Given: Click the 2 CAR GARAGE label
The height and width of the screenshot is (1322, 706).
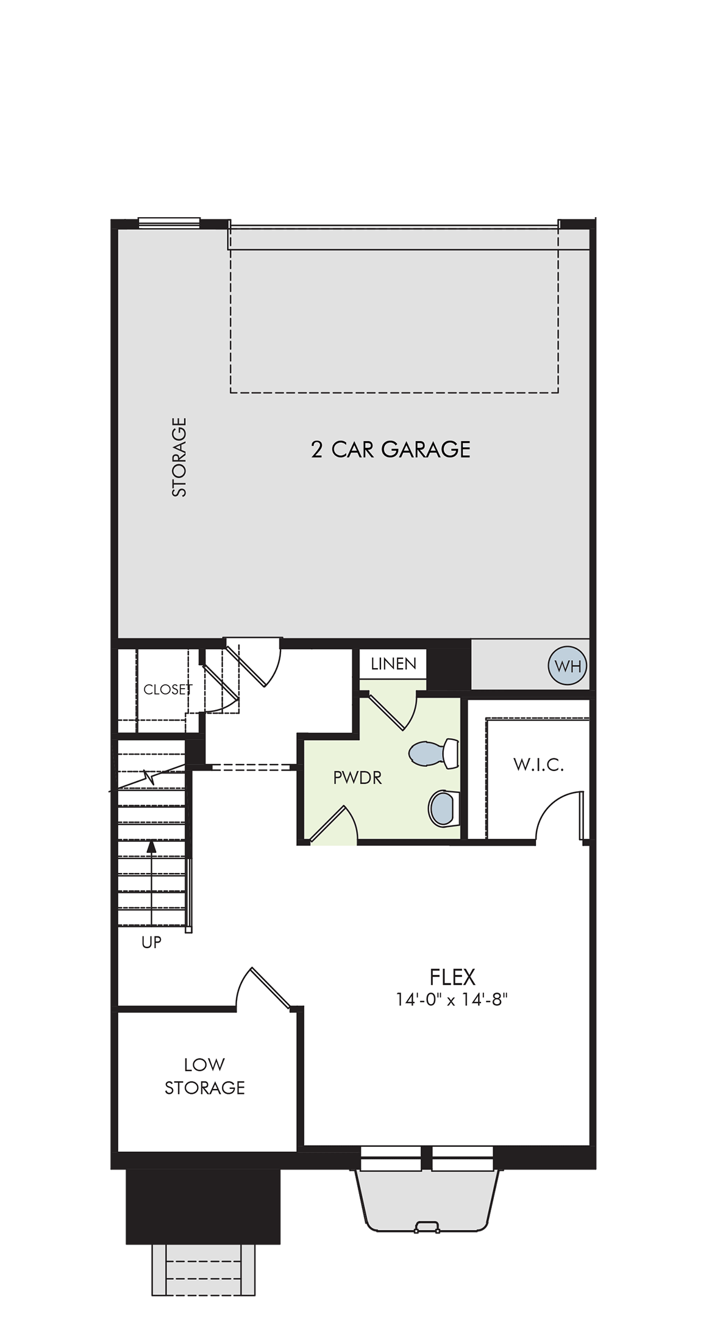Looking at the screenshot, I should click(x=390, y=450).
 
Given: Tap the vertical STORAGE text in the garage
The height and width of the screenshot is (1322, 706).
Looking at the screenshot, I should click(x=179, y=457).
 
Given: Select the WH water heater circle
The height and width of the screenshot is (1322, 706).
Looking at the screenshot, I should click(x=568, y=666).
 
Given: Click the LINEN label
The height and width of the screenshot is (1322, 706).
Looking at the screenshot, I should click(x=393, y=664).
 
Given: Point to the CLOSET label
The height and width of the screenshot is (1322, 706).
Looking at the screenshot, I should click(x=167, y=689).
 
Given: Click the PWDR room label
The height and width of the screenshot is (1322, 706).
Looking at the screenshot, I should click(x=357, y=778).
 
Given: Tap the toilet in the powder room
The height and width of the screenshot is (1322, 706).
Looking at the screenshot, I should click(x=435, y=753).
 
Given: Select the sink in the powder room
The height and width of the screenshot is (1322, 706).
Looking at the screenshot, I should click(x=443, y=808).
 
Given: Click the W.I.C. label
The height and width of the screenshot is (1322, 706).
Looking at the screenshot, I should click(x=538, y=765).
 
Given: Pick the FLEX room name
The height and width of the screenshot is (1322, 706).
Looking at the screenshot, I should click(x=452, y=977).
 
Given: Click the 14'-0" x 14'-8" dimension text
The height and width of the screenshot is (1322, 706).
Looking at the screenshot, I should click(x=452, y=1000).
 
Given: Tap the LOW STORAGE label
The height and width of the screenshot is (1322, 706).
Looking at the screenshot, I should click(x=205, y=1076).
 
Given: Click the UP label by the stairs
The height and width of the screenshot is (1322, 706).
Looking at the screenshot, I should click(x=151, y=943).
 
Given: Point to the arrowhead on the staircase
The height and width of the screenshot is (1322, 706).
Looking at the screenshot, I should click(x=151, y=846).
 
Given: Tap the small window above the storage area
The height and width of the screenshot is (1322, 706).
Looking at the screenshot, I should click(x=169, y=222).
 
